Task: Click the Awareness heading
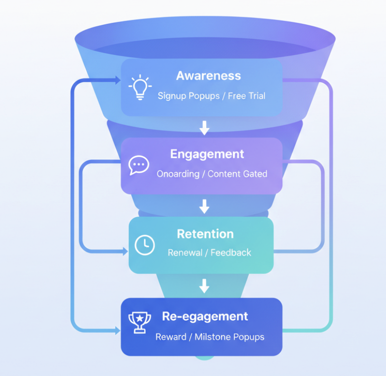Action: point(208,76)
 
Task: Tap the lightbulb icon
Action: point(139,88)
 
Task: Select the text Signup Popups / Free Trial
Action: point(211,96)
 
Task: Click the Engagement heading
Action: point(207,154)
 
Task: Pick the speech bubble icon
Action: point(139,165)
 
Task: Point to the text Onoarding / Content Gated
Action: point(212,174)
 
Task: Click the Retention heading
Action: point(205,234)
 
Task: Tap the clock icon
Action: point(144,245)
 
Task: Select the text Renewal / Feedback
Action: point(209,253)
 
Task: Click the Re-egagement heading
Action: point(205,316)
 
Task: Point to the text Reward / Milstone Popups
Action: point(210,337)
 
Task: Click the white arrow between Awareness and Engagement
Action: point(204,127)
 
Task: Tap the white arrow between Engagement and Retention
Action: point(204,206)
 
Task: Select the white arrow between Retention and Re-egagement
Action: point(204,286)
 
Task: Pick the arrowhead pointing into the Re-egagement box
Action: point(117,330)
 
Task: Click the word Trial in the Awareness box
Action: point(256,96)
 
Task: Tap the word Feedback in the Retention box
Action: point(231,253)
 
